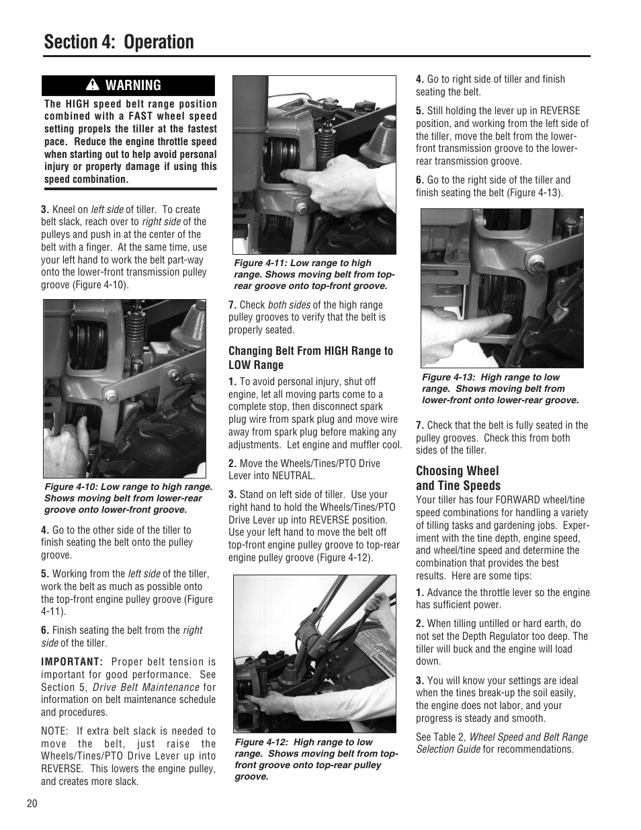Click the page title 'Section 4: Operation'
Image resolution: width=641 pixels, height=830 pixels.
(119, 42)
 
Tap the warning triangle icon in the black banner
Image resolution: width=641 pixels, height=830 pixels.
(93, 85)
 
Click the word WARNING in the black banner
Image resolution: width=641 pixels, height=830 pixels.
(134, 85)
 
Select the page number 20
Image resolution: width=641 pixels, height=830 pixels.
(32, 804)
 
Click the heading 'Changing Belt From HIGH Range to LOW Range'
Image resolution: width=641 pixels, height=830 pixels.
(310, 358)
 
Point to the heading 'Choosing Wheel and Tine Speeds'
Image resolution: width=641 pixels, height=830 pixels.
(458, 478)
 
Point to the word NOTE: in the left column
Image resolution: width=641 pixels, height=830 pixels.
(54, 731)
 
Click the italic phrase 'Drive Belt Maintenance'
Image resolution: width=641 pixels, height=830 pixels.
(146, 687)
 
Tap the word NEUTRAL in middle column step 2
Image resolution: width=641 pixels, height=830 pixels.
(292, 476)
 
